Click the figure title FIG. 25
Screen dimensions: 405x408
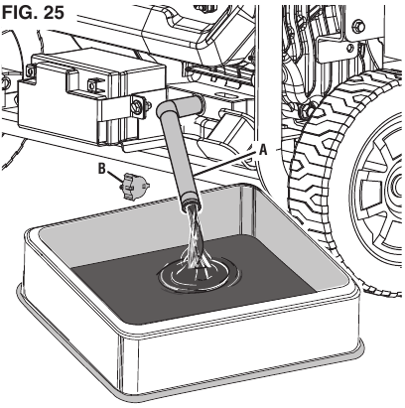click(x=33, y=12)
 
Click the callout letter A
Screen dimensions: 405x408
click(x=263, y=150)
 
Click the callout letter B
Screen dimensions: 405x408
click(x=102, y=169)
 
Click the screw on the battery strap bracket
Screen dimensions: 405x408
click(x=136, y=106)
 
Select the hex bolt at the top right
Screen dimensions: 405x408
click(x=359, y=25)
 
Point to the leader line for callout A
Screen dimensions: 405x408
click(x=226, y=162)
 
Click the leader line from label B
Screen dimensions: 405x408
click(x=114, y=178)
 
